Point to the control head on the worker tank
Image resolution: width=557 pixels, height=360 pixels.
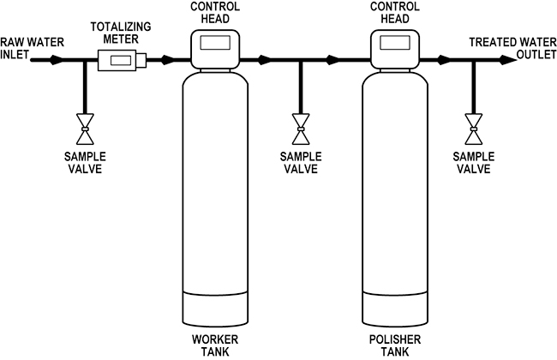click(214, 48)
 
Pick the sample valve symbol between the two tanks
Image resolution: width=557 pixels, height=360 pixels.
click(299, 129)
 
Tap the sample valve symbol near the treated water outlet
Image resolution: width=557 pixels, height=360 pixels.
click(473, 129)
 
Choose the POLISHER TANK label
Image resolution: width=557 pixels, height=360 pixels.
click(392, 345)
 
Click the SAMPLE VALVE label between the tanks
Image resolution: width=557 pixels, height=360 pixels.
click(299, 162)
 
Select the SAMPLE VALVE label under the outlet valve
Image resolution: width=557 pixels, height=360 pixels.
click(473, 162)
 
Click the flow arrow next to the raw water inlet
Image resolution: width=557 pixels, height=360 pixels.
click(56, 61)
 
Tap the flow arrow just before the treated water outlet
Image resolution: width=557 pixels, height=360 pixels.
click(444, 61)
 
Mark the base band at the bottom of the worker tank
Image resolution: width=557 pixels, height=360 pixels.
click(214, 309)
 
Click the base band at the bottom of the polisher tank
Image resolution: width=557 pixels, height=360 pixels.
click(392, 309)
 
